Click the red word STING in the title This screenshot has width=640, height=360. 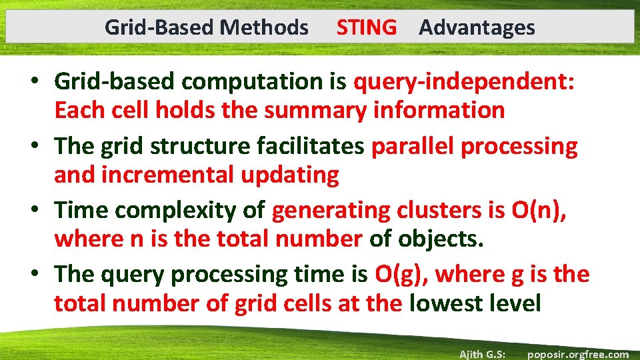click(x=366, y=27)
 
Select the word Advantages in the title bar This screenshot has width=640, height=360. click(x=477, y=27)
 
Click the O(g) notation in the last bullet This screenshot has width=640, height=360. click(x=401, y=274)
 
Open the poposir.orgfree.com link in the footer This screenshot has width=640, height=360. click(x=577, y=354)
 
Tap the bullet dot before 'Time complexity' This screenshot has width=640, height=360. click(x=39, y=211)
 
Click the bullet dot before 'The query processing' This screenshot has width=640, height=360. click(x=39, y=274)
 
